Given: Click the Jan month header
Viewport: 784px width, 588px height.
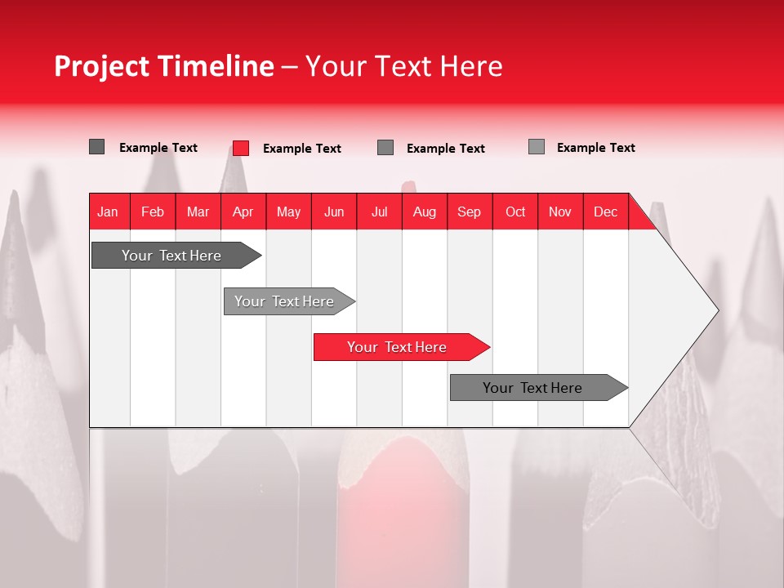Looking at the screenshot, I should click(x=109, y=212).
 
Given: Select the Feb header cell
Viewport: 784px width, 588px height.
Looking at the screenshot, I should click(x=153, y=212).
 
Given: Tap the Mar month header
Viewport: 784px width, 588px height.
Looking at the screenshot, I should click(x=198, y=212).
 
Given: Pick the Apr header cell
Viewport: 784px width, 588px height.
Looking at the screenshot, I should click(x=243, y=212).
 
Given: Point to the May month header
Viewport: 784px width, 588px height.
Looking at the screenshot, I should click(x=288, y=212).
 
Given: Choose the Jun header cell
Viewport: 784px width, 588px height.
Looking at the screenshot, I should click(x=334, y=212).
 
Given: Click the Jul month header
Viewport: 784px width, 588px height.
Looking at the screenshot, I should click(x=379, y=212).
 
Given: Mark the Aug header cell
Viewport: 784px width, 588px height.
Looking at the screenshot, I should click(x=425, y=212).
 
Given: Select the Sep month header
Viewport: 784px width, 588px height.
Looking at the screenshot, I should click(x=470, y=212).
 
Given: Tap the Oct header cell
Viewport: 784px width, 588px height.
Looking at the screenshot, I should click(x=515, y=212).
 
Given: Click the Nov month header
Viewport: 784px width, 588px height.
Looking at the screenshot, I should click(x=560, y=212).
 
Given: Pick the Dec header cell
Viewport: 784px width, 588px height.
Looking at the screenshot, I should click(x=606, y=212).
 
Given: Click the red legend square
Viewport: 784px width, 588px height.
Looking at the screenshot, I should click(x=241, y=148).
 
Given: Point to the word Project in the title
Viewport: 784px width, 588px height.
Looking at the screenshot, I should click(x=102, y=66).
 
